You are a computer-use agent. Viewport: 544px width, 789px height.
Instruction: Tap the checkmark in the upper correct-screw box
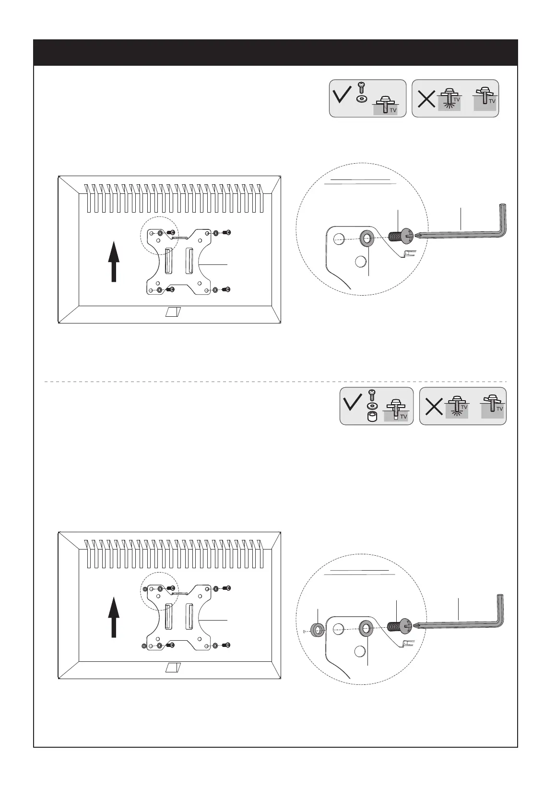click(343, 95)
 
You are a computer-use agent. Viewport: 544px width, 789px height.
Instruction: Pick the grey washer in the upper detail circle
click(367, 237)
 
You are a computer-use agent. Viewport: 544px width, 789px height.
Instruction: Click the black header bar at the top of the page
click(275, 52)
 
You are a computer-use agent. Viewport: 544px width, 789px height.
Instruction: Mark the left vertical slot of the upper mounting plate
click(168, 261)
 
